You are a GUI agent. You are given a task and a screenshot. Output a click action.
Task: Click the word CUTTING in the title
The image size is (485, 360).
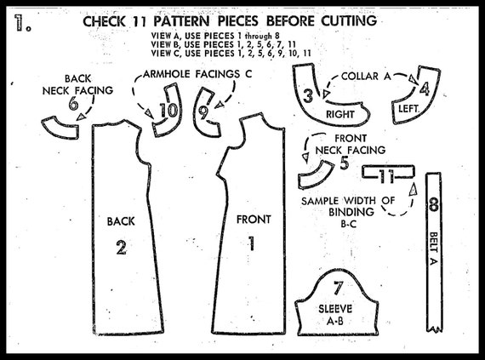click(x=349, y=21)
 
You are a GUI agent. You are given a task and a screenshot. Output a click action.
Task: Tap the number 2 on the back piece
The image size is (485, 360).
click(x=121, y=248)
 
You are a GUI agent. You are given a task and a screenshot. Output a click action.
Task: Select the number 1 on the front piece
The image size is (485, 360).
click(x=252, y=243)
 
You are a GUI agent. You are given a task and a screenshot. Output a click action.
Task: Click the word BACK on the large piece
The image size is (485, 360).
click(x=121, y=221)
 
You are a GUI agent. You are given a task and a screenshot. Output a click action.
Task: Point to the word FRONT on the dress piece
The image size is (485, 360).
click(x=254, y=220)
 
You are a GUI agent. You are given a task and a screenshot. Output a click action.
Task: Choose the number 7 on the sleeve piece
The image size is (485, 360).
click(x=338, y=287)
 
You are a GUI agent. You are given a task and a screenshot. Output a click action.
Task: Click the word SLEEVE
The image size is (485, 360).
click(x=335, y=309)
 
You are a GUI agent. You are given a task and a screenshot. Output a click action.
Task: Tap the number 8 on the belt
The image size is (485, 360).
click(x=434, y=204)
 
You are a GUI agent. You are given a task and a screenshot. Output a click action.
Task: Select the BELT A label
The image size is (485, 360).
click(x=434, y=249)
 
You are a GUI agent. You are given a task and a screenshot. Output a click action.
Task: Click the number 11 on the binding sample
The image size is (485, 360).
click(x=386, y=176)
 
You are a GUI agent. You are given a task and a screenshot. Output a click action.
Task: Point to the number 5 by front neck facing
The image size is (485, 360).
click(x=345, y=163)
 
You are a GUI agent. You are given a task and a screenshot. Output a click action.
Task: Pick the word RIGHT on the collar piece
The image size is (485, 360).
click(x=340, y=114)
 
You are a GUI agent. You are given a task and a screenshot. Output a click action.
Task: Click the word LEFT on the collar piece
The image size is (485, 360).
click(x=408, y=109)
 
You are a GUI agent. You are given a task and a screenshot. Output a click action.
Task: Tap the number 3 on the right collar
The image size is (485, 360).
click(x=308, y=95)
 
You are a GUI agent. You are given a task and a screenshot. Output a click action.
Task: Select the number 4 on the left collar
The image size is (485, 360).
click(x=425, y=89)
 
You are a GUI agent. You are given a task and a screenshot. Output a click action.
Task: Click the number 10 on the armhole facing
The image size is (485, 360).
click(x=168, y=111)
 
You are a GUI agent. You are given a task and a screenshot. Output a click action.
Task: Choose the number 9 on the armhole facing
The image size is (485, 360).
click(x=203, y=113)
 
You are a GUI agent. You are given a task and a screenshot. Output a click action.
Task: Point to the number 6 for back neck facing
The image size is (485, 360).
click(x=73, y=104)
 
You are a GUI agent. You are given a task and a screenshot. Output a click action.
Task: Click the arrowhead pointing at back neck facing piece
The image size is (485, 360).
click(x=81, y=117)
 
